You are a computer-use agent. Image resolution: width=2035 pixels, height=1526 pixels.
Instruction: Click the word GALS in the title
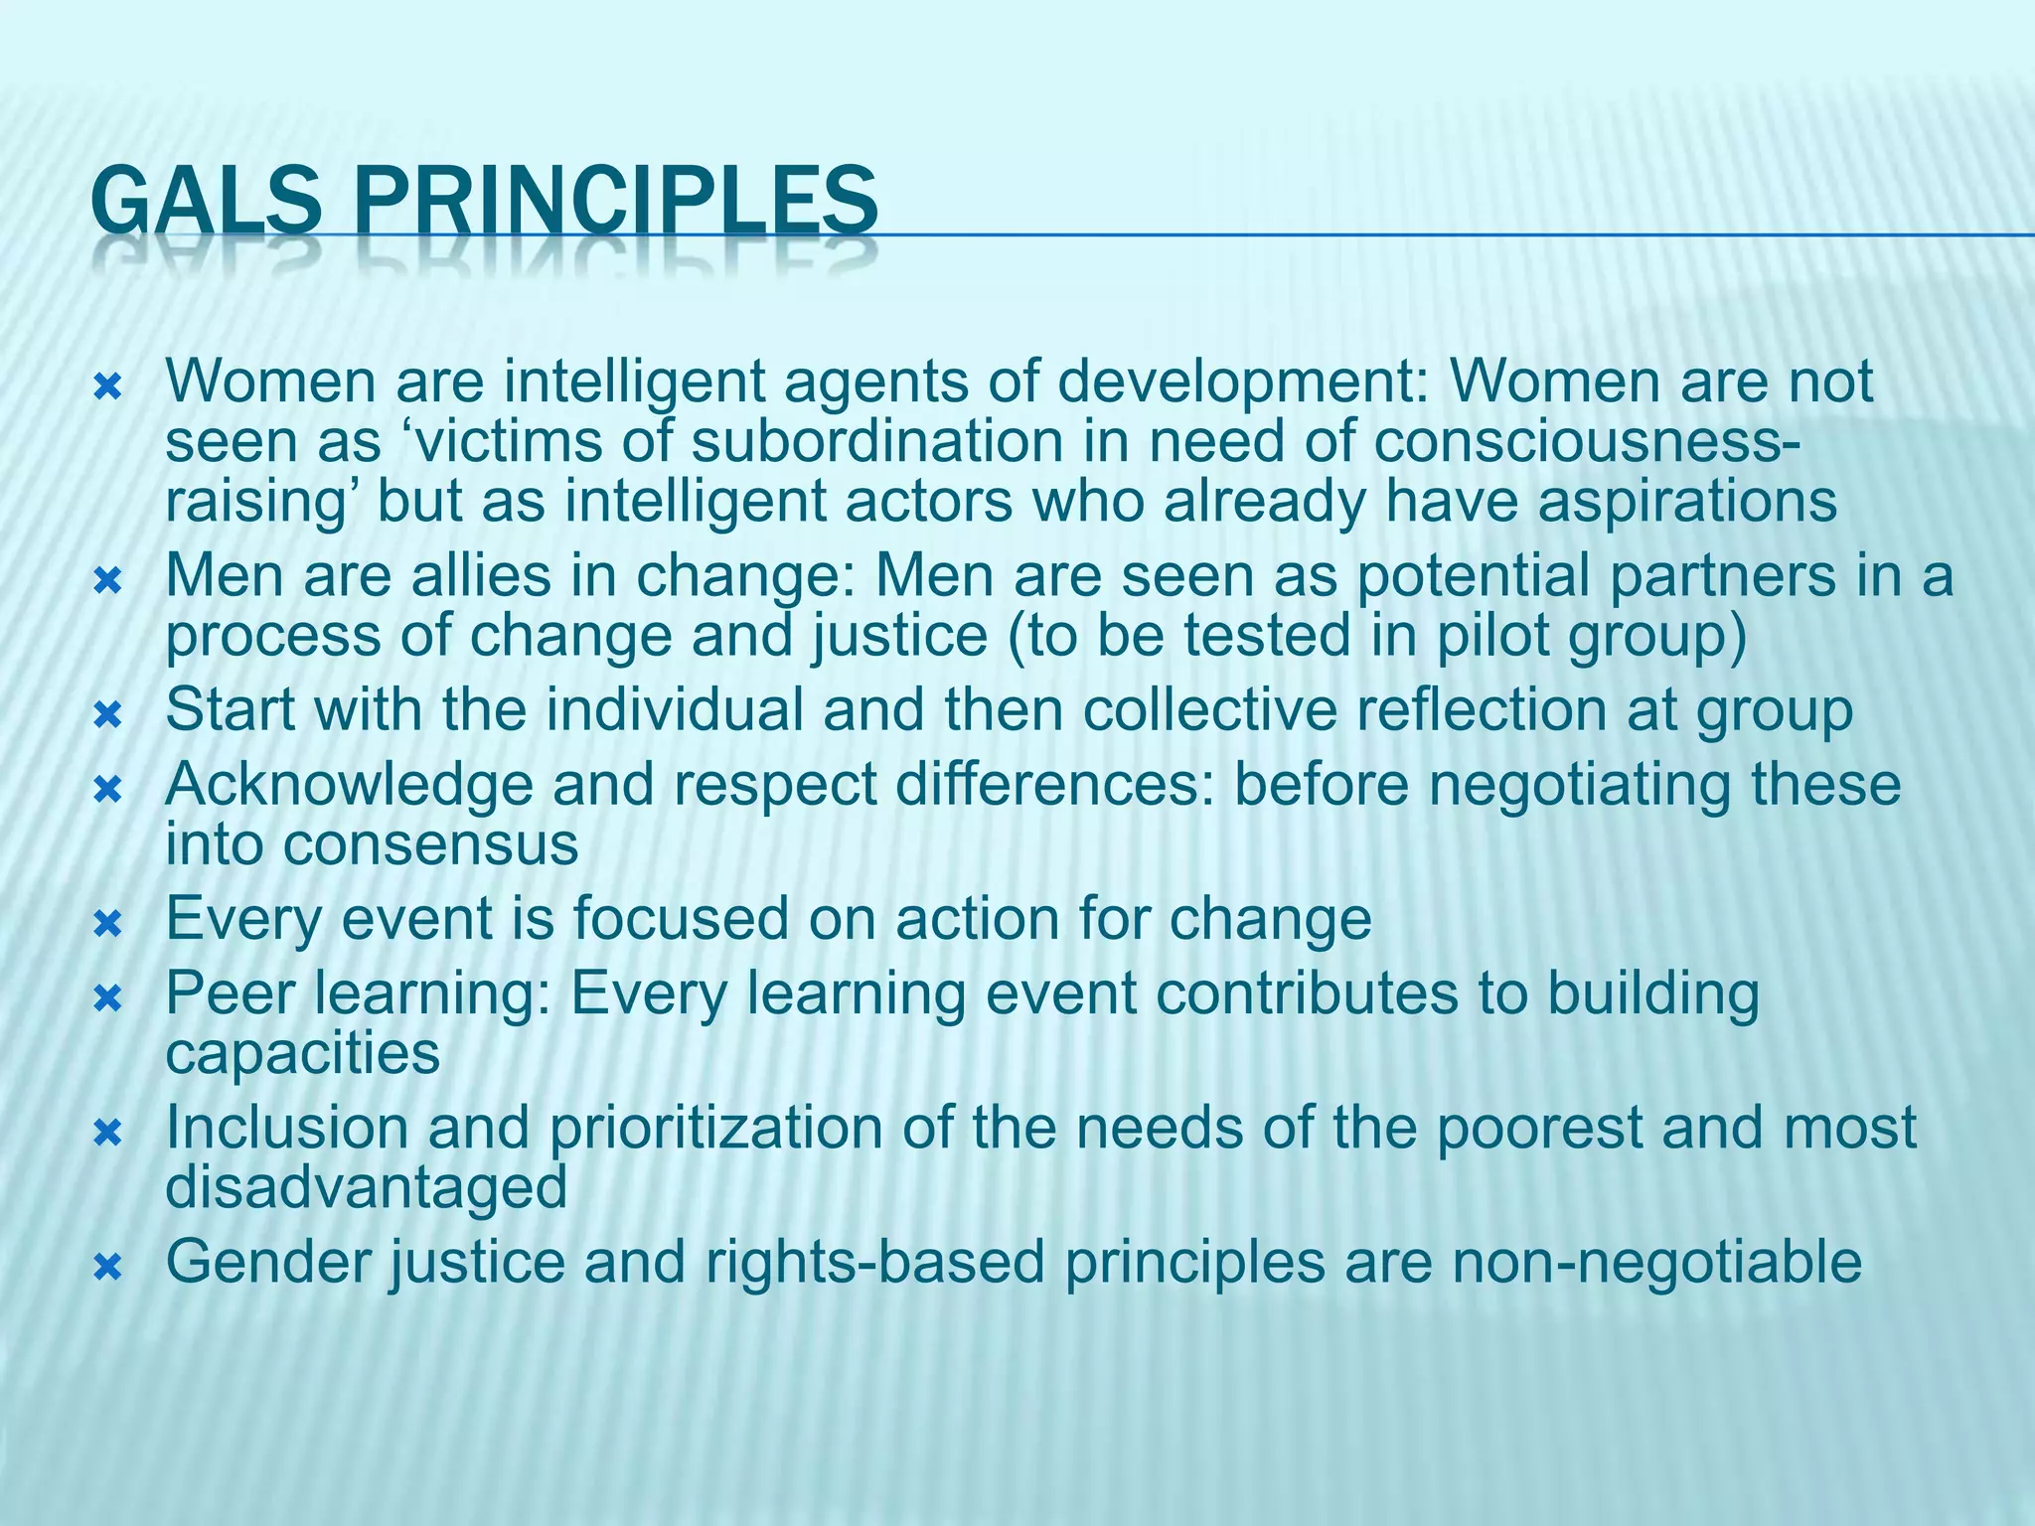point(205,202)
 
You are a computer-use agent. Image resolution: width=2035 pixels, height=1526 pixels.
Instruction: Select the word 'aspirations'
point(1687,502)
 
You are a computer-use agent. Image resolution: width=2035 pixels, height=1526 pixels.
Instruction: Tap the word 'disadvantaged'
point(366,1187)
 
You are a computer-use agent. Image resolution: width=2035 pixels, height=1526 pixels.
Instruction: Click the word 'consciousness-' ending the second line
point(1586,442)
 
